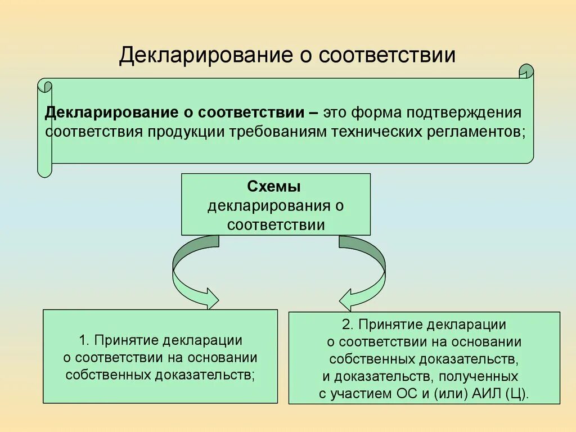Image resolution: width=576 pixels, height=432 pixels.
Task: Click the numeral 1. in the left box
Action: [84, 340]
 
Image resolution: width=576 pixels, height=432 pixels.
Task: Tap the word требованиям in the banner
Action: [272, 131]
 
